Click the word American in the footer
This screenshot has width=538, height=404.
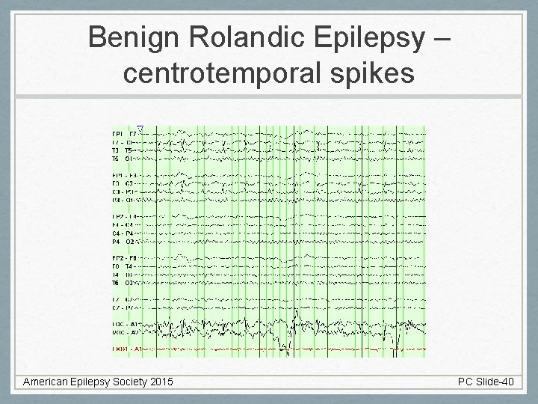pos(49,382)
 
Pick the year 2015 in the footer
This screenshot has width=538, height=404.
pos(160,382)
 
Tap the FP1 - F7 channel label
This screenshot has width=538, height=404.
pos(124,133)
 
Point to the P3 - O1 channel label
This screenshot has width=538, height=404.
pos(124,201)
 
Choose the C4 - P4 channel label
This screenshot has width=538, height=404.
pos(124,233)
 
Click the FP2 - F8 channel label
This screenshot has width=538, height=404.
pos(124,257)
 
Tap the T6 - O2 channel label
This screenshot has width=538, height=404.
pos(124,284)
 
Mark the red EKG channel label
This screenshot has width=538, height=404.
pos(124,349)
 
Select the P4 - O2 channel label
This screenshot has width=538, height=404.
pos(124,242)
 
